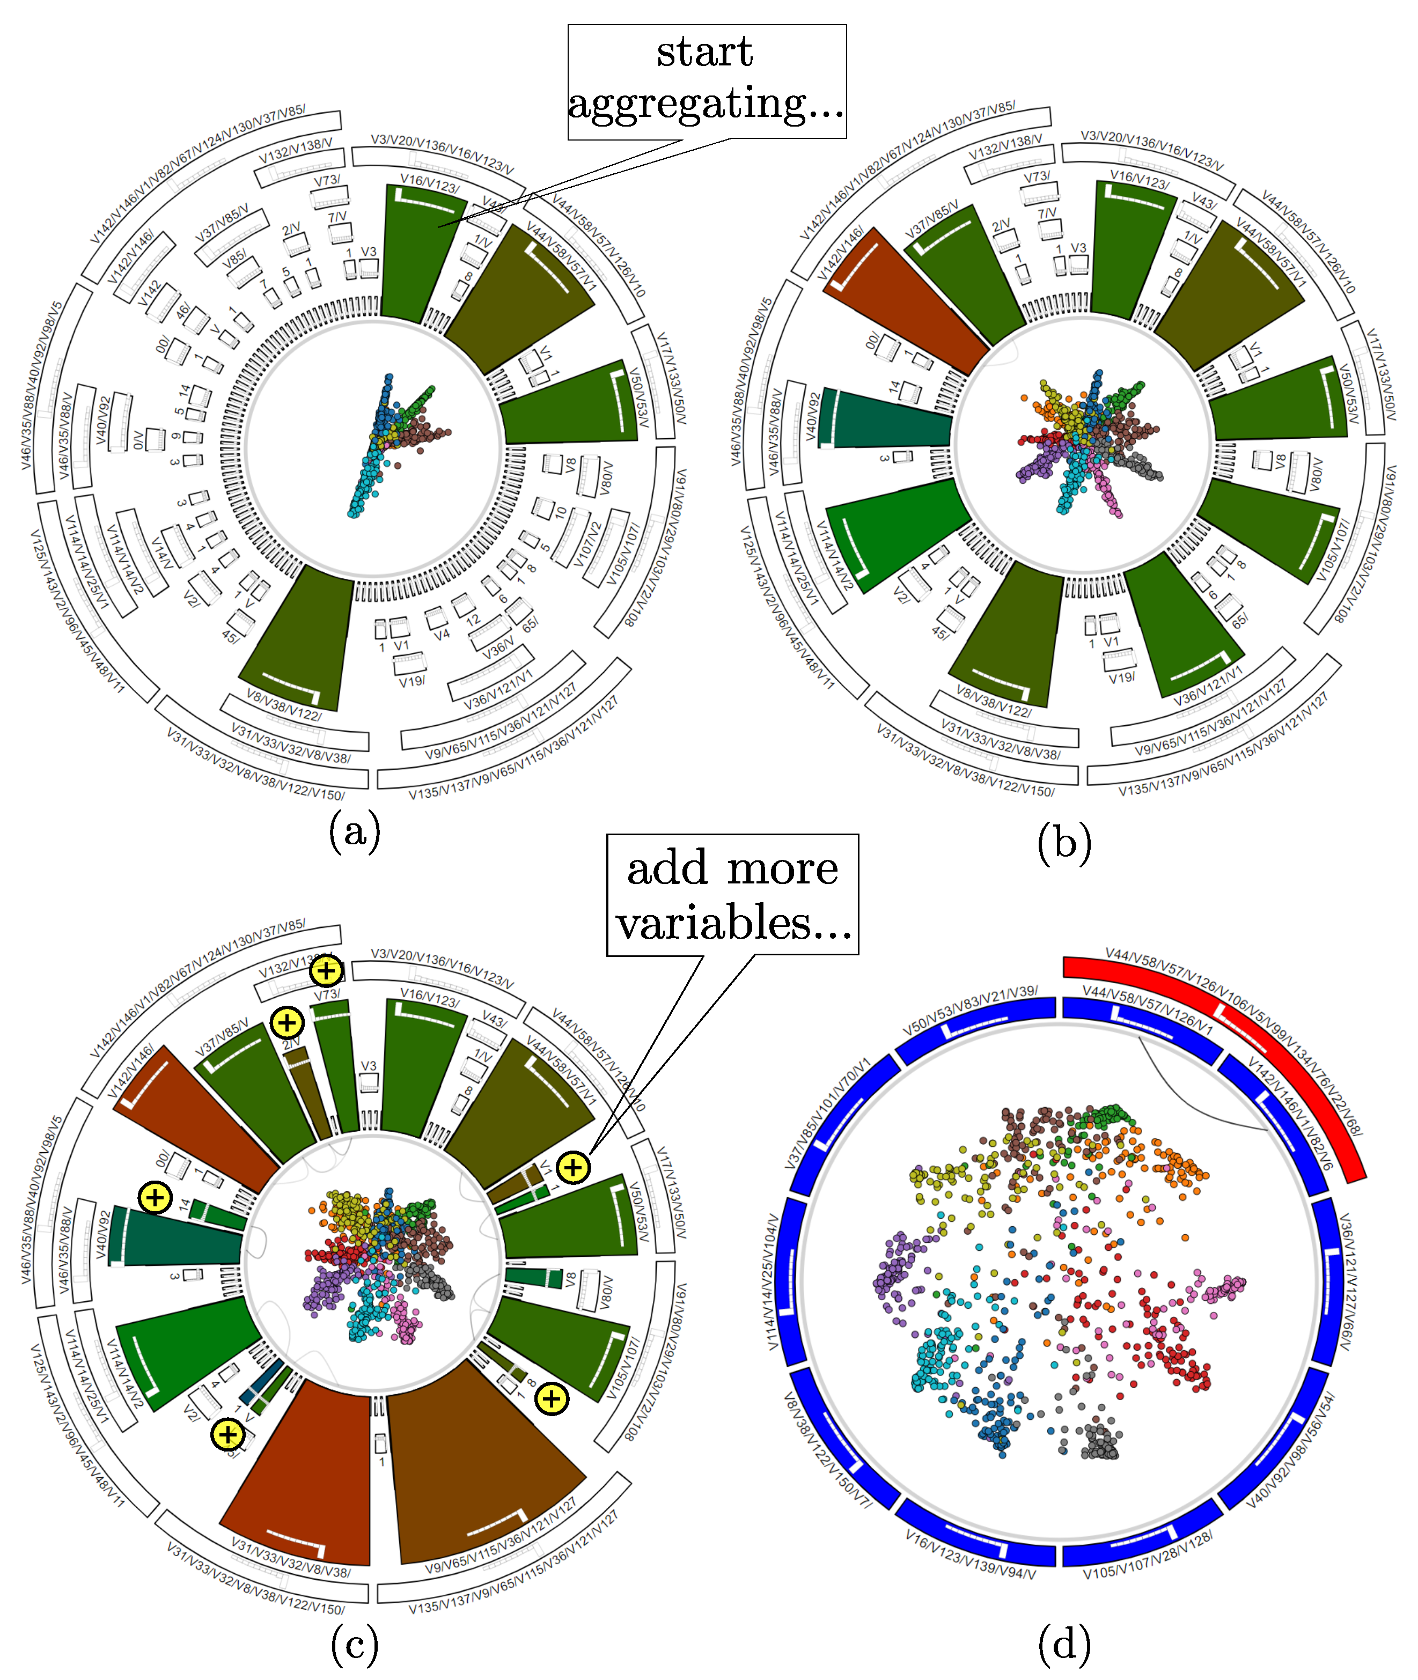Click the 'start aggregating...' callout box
pos(706,81)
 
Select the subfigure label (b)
pos(1063,843)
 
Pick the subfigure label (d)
pos(1063,1644)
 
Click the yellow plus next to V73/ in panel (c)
pos(326,971)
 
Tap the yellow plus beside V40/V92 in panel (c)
pos(155,1198)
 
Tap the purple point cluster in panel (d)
pos(892,1270)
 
